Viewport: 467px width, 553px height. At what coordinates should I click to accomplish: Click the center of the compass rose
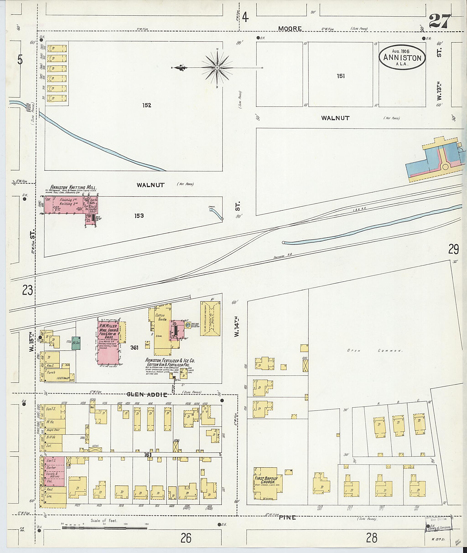click(217, 68)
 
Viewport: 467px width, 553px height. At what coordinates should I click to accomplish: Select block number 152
click(146, 105)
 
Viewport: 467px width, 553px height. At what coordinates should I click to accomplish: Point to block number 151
click(341, 76)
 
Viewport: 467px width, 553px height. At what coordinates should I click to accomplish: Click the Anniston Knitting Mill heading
click(74, 187)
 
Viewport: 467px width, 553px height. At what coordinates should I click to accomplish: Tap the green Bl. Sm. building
click(76, 343)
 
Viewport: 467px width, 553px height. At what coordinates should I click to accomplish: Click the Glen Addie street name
click(147, 395)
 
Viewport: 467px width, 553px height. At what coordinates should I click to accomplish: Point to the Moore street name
click(290, 28)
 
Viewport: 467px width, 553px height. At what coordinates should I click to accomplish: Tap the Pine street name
click(288, 517)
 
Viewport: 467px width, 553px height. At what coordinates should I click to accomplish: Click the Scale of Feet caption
click(104, 520)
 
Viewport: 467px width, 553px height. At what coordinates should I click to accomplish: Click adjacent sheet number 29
click(453, 249)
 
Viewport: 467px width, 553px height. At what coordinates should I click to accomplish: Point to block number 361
click(134, 348)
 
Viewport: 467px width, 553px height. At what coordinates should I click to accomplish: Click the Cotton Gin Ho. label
click(160, 317)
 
